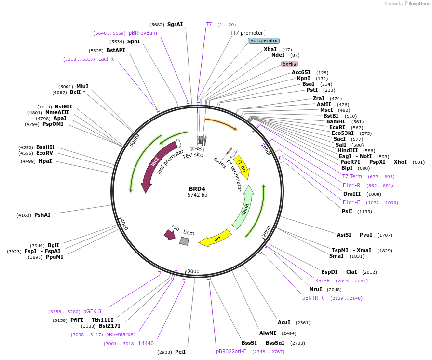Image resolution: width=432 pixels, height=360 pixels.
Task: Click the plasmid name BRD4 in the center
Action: [x=197, y=188]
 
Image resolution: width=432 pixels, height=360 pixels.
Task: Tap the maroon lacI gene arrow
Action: [x=151, y=167]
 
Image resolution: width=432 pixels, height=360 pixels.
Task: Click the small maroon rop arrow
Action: [x=170, y=234]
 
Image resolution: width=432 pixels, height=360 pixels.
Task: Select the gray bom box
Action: [x=184, y=241]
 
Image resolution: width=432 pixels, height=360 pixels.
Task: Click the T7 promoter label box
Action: [x=248, y=33]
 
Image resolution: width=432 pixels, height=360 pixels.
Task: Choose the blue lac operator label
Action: [x=264, y=41]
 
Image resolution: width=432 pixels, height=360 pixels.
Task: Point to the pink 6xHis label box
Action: [x=289, y=64]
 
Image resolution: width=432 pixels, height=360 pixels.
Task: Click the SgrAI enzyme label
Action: [x=175, y=24]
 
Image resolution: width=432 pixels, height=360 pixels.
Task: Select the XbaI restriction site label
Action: [x=270, y=49]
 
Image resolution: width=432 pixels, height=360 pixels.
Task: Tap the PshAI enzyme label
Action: [x=42, y=215]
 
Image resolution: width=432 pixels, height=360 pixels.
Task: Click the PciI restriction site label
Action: [x=180, y=352]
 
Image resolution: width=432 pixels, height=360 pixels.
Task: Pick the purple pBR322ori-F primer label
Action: [x=231, y=351]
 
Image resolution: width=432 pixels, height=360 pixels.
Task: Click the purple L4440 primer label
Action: [x=146, y=343]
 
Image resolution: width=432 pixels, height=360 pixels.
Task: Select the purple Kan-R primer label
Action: [x=323, y=280]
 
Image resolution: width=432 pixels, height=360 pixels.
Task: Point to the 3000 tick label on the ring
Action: [x=193, y=271]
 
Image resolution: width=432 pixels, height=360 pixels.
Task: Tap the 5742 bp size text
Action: [x=197, y=195]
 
